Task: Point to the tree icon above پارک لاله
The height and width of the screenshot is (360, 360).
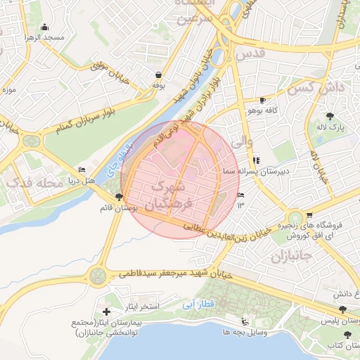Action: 330,116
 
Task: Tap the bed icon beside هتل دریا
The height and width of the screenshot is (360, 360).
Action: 82,169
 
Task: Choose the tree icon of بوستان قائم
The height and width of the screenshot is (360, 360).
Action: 118,198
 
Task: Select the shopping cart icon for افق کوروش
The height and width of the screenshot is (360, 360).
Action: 310,216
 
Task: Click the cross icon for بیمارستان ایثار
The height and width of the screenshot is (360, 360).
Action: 106,311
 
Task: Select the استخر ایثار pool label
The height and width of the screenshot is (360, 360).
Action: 141,307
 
